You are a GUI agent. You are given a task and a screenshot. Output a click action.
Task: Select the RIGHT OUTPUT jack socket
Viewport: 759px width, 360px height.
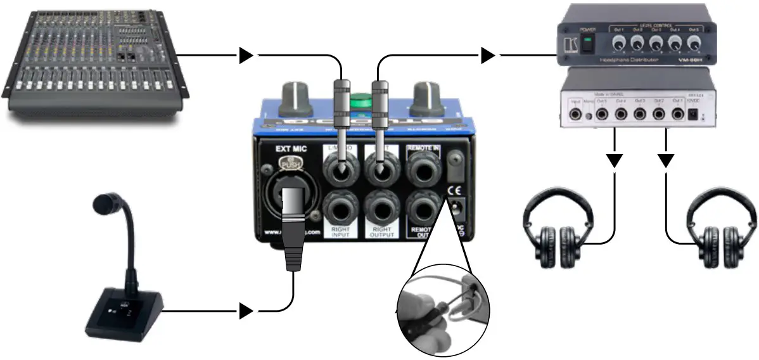381,209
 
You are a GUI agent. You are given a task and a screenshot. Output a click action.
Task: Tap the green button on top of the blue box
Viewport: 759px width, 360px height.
360,100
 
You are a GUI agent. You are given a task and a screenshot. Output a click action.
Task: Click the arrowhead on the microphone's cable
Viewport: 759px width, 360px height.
246,311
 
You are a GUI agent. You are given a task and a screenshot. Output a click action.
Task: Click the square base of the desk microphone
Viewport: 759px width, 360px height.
124,314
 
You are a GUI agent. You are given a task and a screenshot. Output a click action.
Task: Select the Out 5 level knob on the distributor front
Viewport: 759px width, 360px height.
694,42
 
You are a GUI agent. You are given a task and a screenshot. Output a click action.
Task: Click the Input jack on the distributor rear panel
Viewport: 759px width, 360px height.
577,114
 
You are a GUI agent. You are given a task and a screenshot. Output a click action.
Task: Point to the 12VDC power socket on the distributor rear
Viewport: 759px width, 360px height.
694,115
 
